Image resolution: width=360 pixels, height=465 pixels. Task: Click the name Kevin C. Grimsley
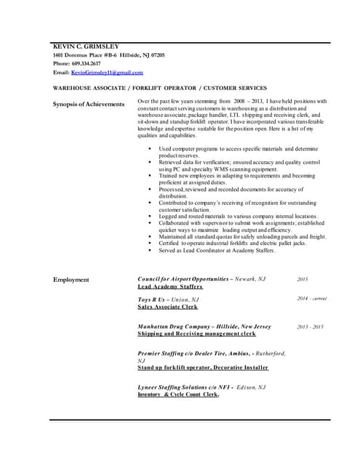pos(87,47)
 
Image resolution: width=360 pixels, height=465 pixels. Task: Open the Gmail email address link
pos(107,73)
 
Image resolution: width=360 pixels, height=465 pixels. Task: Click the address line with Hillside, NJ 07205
pos(108,56)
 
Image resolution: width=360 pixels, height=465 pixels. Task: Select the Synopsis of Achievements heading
pos(89,105)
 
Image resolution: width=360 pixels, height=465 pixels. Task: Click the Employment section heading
pos(71,280)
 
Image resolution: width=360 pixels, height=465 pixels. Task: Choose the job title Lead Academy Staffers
pos(170,287)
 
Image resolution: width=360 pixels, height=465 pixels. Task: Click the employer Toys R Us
pos(155,299)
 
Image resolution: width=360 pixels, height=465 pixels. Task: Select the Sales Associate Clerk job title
pos(167,307)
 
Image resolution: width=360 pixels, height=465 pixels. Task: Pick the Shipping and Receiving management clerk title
pos(196,334)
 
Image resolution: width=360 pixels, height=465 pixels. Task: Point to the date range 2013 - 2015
pos(311,327)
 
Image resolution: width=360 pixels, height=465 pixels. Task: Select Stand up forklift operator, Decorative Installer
pos(203,368)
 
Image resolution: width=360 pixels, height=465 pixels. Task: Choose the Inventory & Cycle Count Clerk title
pos(178,395)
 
